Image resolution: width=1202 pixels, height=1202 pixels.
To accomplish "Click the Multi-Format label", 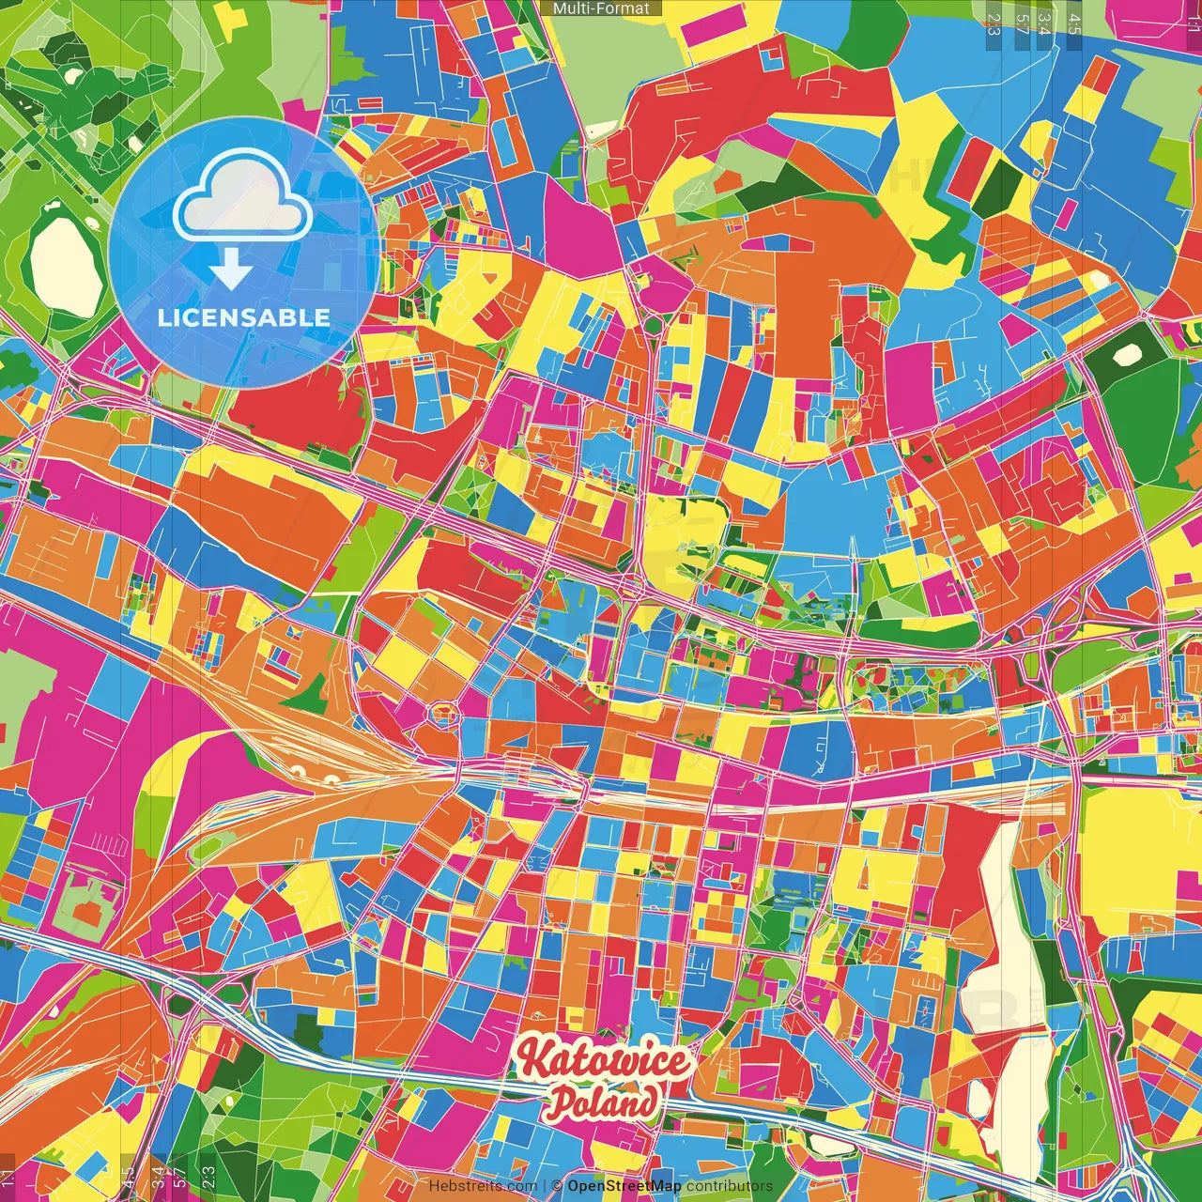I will point(601,8).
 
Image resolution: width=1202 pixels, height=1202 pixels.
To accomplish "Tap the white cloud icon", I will point(243,200).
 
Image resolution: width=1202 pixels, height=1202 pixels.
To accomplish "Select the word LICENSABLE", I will point(244,317).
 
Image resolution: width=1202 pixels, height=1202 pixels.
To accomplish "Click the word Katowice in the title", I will point(605,1060).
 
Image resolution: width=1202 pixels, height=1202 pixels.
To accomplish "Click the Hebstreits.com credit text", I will point(483,1186).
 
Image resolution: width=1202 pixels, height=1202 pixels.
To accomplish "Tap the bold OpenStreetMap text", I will point(624,1186).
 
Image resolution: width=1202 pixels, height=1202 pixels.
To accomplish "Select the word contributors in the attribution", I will point(730,1186).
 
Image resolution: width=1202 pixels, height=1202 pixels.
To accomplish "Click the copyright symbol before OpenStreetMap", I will point(557,1186).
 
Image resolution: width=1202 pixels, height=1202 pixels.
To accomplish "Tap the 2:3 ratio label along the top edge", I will point(993,23).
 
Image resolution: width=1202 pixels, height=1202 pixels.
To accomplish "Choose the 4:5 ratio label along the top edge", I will point(1073,23).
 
